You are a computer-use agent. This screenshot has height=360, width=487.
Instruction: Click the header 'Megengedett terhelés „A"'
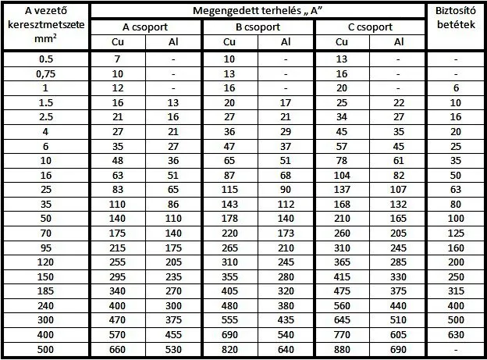tap(259, 10)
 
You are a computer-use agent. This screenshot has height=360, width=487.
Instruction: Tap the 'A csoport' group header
tap(145, 26)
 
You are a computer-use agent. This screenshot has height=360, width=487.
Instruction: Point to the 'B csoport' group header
tap(258, 26)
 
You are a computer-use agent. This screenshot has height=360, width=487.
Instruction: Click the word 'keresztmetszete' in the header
tap(46, 26)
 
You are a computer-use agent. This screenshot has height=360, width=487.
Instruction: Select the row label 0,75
tap(46, 74)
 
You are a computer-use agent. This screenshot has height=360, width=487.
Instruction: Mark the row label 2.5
tap(46, 116)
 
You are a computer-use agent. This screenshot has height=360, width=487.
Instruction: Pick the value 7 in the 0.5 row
tap(117, 60)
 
